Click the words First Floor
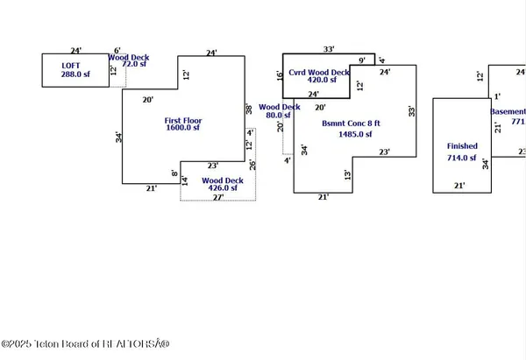pos(184,119)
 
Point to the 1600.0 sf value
pos(184,129)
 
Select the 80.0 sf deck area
pos(274,115)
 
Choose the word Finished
pos(463,146)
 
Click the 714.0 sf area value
pos(462,159)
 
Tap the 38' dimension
pos(249,110)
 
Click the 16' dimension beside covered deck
pos(280,76)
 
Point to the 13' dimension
pos(348,175)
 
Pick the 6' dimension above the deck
pos(117,51)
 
